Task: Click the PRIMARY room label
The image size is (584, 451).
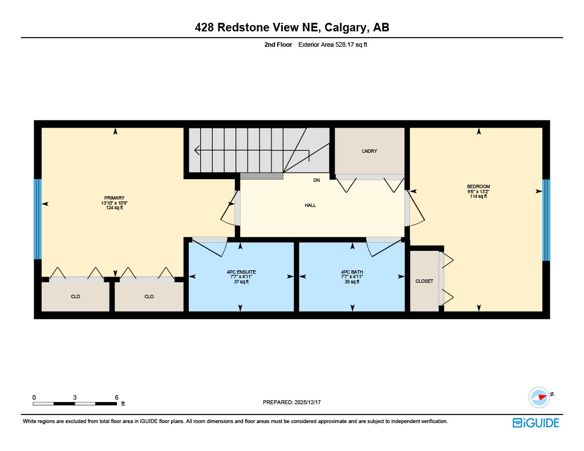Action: pyautogui.click(x=114, y=198)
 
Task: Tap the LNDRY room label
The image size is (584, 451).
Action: pyautogui.click(x=370, y=151)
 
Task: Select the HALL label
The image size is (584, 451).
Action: pyautogui.click(x=310, y=205)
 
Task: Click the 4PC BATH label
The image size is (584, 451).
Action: pyautogui.click(x=352, y=272)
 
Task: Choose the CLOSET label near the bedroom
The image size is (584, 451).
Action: pyautogui.click(x=424, y=281)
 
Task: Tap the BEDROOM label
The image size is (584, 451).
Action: pyautogui.click(x=478, y=186)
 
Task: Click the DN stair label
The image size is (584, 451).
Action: pyautogui.click(x=317, y=180)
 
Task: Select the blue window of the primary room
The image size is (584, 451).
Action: pyautogui.click(x=38, y=220)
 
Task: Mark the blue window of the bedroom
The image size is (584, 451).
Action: pyautogui.click(x=546, y=220)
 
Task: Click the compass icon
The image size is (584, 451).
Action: pyautogui.click(x=539, y=397)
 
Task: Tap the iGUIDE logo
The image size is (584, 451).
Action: pyautogui.click(x=536, y=422)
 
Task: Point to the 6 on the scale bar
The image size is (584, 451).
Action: pyautogui.click(x=116, y=397)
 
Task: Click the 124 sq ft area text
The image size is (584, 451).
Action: pyautogui.click(x=114, y=208)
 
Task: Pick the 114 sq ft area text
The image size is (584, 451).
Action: pyautogui.click(x=478, y=197)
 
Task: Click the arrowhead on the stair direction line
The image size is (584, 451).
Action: pyautogui.click(x=197, y=151)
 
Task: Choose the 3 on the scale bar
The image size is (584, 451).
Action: pyautogui.click(x=75, y=397)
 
